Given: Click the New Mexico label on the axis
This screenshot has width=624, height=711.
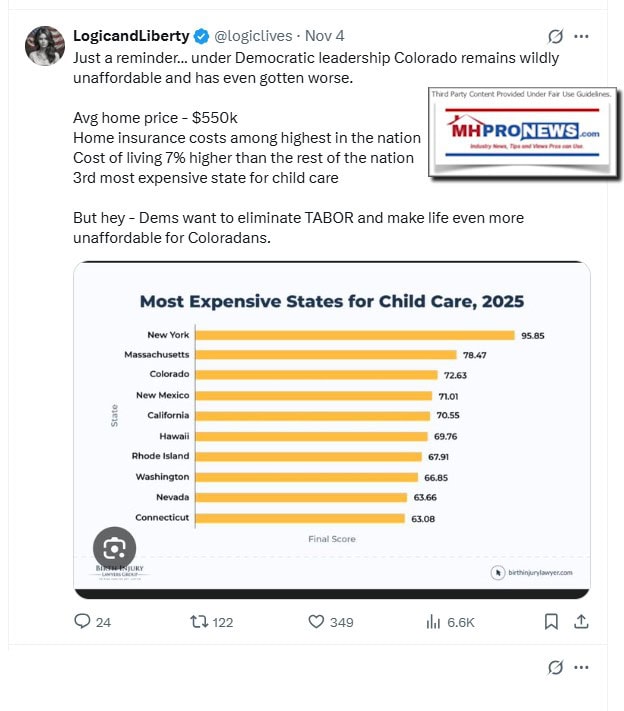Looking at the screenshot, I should click(x=162, y=395).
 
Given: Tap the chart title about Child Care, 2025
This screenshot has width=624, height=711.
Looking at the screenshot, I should click(x=331, y=301).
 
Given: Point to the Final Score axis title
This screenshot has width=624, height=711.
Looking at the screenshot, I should click(x=331, y=539).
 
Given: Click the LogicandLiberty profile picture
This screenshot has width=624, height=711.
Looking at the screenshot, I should click(x=46, y=46).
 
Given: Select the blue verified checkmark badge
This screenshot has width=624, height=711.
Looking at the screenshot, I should click(x=201, y=36).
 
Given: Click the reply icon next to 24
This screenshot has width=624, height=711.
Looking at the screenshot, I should click(x=83, y=622).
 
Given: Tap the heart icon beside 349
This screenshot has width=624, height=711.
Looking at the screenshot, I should click(x=316, y=622).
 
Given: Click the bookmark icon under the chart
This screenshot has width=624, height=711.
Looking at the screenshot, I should click(x=551, y=622).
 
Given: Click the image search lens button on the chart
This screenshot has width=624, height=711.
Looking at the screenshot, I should click(x=114, y=547).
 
